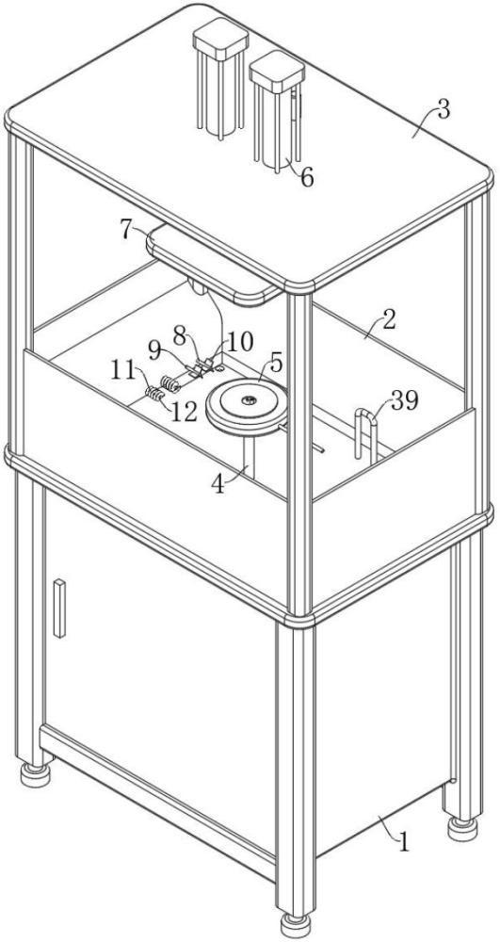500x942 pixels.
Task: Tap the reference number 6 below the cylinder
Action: point(307,177)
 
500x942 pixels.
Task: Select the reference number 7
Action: point(125,230)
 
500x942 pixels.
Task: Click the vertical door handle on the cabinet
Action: point(58,608)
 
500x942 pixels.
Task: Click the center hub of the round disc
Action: point(247,398)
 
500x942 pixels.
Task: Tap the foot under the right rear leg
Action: point(462,829)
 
